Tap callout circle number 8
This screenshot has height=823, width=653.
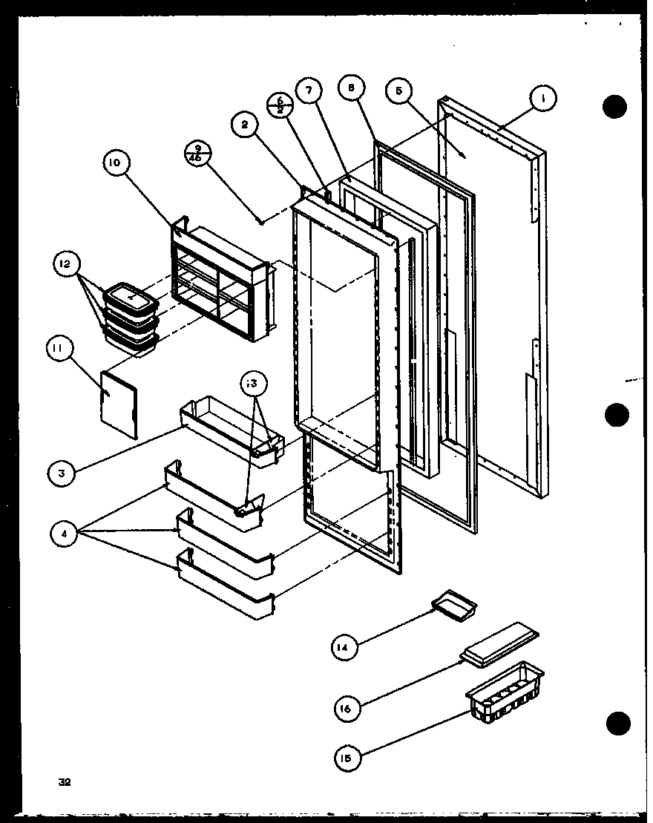(350, 88)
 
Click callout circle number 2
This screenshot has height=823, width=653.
(243, 125)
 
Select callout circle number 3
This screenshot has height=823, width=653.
(65, 472)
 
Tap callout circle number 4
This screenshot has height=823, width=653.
(65, 533)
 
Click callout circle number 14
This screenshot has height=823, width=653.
(344, 649)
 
